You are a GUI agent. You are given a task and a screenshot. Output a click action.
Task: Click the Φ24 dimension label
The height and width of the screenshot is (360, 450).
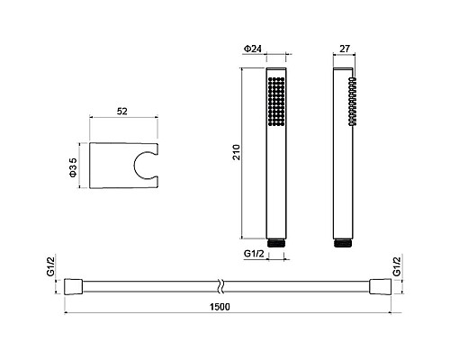click(x=252, y=49)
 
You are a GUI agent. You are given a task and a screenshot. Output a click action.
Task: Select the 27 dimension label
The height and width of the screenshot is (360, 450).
click(x=345, y=49)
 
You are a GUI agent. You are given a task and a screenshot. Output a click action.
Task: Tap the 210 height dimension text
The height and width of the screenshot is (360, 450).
click(x=237, y=152)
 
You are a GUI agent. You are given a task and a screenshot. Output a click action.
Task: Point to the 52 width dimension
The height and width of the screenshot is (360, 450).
click(x=122, y=112)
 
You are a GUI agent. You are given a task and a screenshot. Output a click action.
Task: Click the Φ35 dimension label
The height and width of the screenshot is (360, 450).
click(x=73, y=167)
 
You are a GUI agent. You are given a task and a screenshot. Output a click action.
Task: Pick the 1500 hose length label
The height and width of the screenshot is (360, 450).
click(x=220, y=307)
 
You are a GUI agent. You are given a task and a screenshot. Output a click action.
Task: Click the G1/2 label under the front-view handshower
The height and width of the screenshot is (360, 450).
click(x=254, y=254)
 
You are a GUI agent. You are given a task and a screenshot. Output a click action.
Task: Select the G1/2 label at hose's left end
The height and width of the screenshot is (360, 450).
click(x=51, y=266)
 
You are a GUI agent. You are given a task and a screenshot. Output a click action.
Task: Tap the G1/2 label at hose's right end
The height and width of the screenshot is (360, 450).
click(x=397, y=266)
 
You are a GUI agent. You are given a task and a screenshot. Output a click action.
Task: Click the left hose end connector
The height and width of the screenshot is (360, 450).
click(x=73, y=287)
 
